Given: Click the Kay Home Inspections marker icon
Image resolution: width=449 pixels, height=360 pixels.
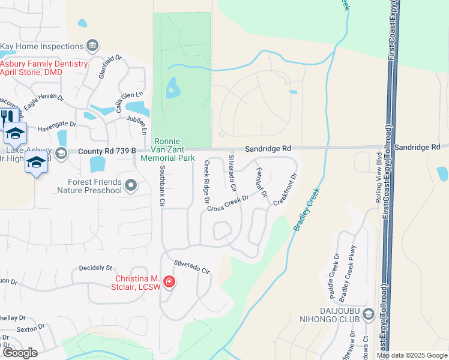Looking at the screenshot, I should [x=92, y=46].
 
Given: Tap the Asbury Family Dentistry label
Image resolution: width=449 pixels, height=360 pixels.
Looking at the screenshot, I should [x=45, y=68].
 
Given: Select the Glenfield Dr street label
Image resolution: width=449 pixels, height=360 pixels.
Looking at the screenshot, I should [x=112, y=65].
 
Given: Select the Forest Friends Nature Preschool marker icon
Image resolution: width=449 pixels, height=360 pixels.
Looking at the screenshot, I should [x=131, y=187].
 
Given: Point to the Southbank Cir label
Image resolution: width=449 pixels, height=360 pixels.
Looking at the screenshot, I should [x=161, y=186].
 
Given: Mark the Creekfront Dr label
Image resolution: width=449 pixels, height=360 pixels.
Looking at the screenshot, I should [x=286, y=190].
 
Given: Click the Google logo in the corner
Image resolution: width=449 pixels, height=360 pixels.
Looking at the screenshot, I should [x=20, y=353].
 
